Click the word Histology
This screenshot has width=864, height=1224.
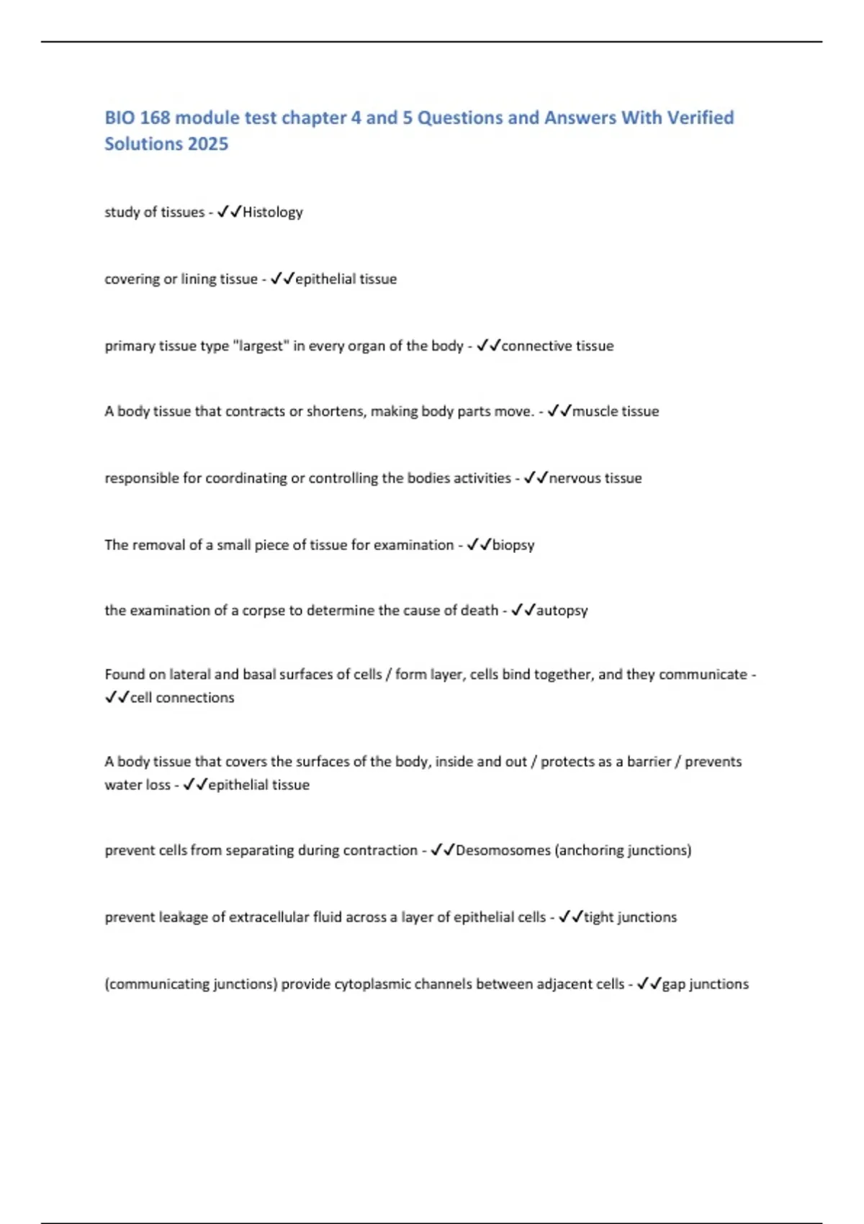click(x=273, y=212)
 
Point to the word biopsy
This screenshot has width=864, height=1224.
click(x=513, y=545)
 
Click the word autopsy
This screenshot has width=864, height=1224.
click(x=562, y=611)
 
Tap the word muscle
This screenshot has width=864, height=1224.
click(x=594, y=411)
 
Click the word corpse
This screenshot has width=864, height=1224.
click(x=263, y=611)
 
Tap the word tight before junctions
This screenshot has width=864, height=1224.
click(x=598, y=917)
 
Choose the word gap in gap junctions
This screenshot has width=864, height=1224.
click(x=673, y=984)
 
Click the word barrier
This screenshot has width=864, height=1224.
click(x=649, y=762)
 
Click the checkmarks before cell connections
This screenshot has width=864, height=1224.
click(x=117, y=698)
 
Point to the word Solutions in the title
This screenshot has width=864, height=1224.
click(x=143, y=144)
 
